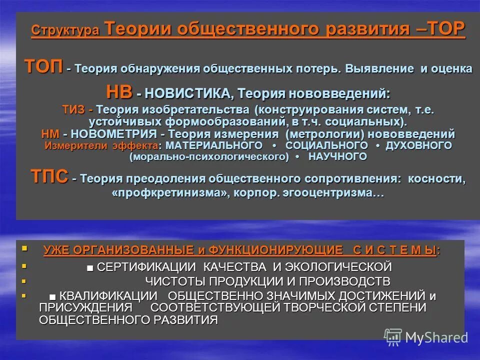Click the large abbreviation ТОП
point(44,66)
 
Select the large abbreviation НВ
point(119,92)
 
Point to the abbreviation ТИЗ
point(74,109)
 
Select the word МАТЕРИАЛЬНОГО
point(213,145)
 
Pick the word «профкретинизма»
point(169,193)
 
